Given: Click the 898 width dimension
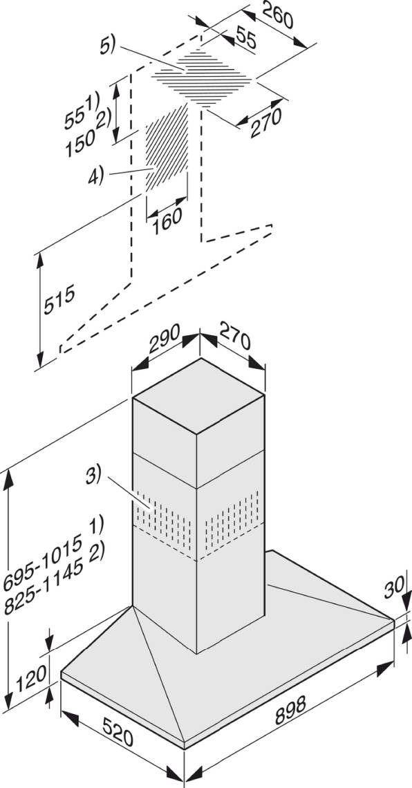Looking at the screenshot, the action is (x=290, y=711).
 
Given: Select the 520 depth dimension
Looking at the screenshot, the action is (x=118, y=732).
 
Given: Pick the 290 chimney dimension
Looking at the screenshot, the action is (x=165, y=339).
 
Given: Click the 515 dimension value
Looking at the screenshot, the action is (x=59, y=299).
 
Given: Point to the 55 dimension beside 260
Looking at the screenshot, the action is (x=245, y=38).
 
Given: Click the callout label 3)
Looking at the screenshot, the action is (x=93, y=476).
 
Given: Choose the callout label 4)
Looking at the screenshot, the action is (x=96, y=177).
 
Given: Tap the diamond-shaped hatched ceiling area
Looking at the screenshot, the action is (x=202, y=79).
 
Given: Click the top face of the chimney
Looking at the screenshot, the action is (x=198, y=396).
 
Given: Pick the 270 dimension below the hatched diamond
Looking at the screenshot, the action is (x=265, y=122).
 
